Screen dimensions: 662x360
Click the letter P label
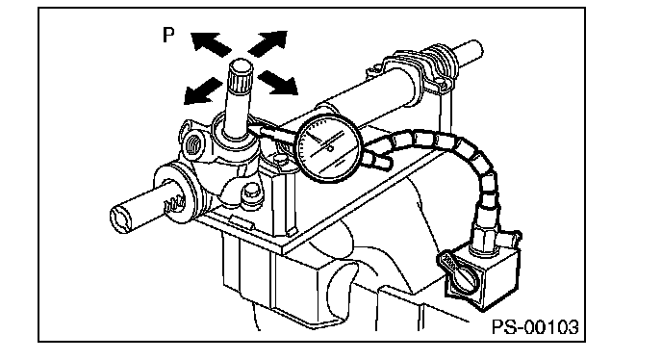tap(168, 35)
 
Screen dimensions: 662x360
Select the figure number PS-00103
tap(535, 327)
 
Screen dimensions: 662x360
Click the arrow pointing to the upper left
tap(211, 44)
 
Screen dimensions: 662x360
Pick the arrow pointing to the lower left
tap(203, 90)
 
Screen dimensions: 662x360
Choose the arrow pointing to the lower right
tap(278, 83)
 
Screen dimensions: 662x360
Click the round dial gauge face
tap(329, 149)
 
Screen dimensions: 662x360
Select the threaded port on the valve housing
tap(193, 144)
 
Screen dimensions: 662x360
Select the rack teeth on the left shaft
tap(175, 204)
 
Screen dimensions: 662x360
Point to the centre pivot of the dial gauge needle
tap(330, 148)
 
